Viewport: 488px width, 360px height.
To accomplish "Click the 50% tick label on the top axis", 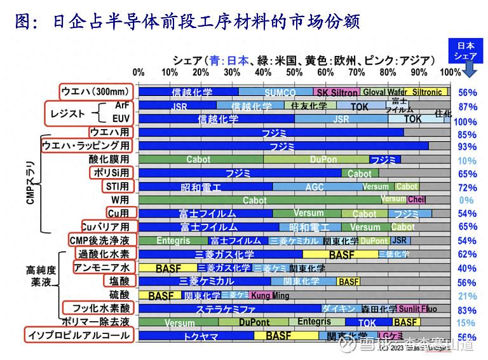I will [x=295, y=73].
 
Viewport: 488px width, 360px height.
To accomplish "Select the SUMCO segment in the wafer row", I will [x=275, y=92].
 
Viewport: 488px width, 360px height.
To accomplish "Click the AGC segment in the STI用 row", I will [x=314, y=187].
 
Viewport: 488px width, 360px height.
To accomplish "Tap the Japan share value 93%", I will [x=467, y=146].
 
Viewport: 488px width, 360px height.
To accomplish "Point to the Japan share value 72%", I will [x=467, y=187].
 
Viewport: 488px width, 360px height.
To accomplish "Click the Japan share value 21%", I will [x=467, y=296].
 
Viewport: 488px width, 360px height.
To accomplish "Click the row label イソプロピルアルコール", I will [x=79, y=335].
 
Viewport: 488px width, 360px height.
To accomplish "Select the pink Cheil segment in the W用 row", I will [x=417, y=200].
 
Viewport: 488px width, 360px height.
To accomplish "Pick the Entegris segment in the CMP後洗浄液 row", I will [x=173, y=241].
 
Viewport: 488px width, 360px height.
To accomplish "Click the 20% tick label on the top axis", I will [x=201, y=73].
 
